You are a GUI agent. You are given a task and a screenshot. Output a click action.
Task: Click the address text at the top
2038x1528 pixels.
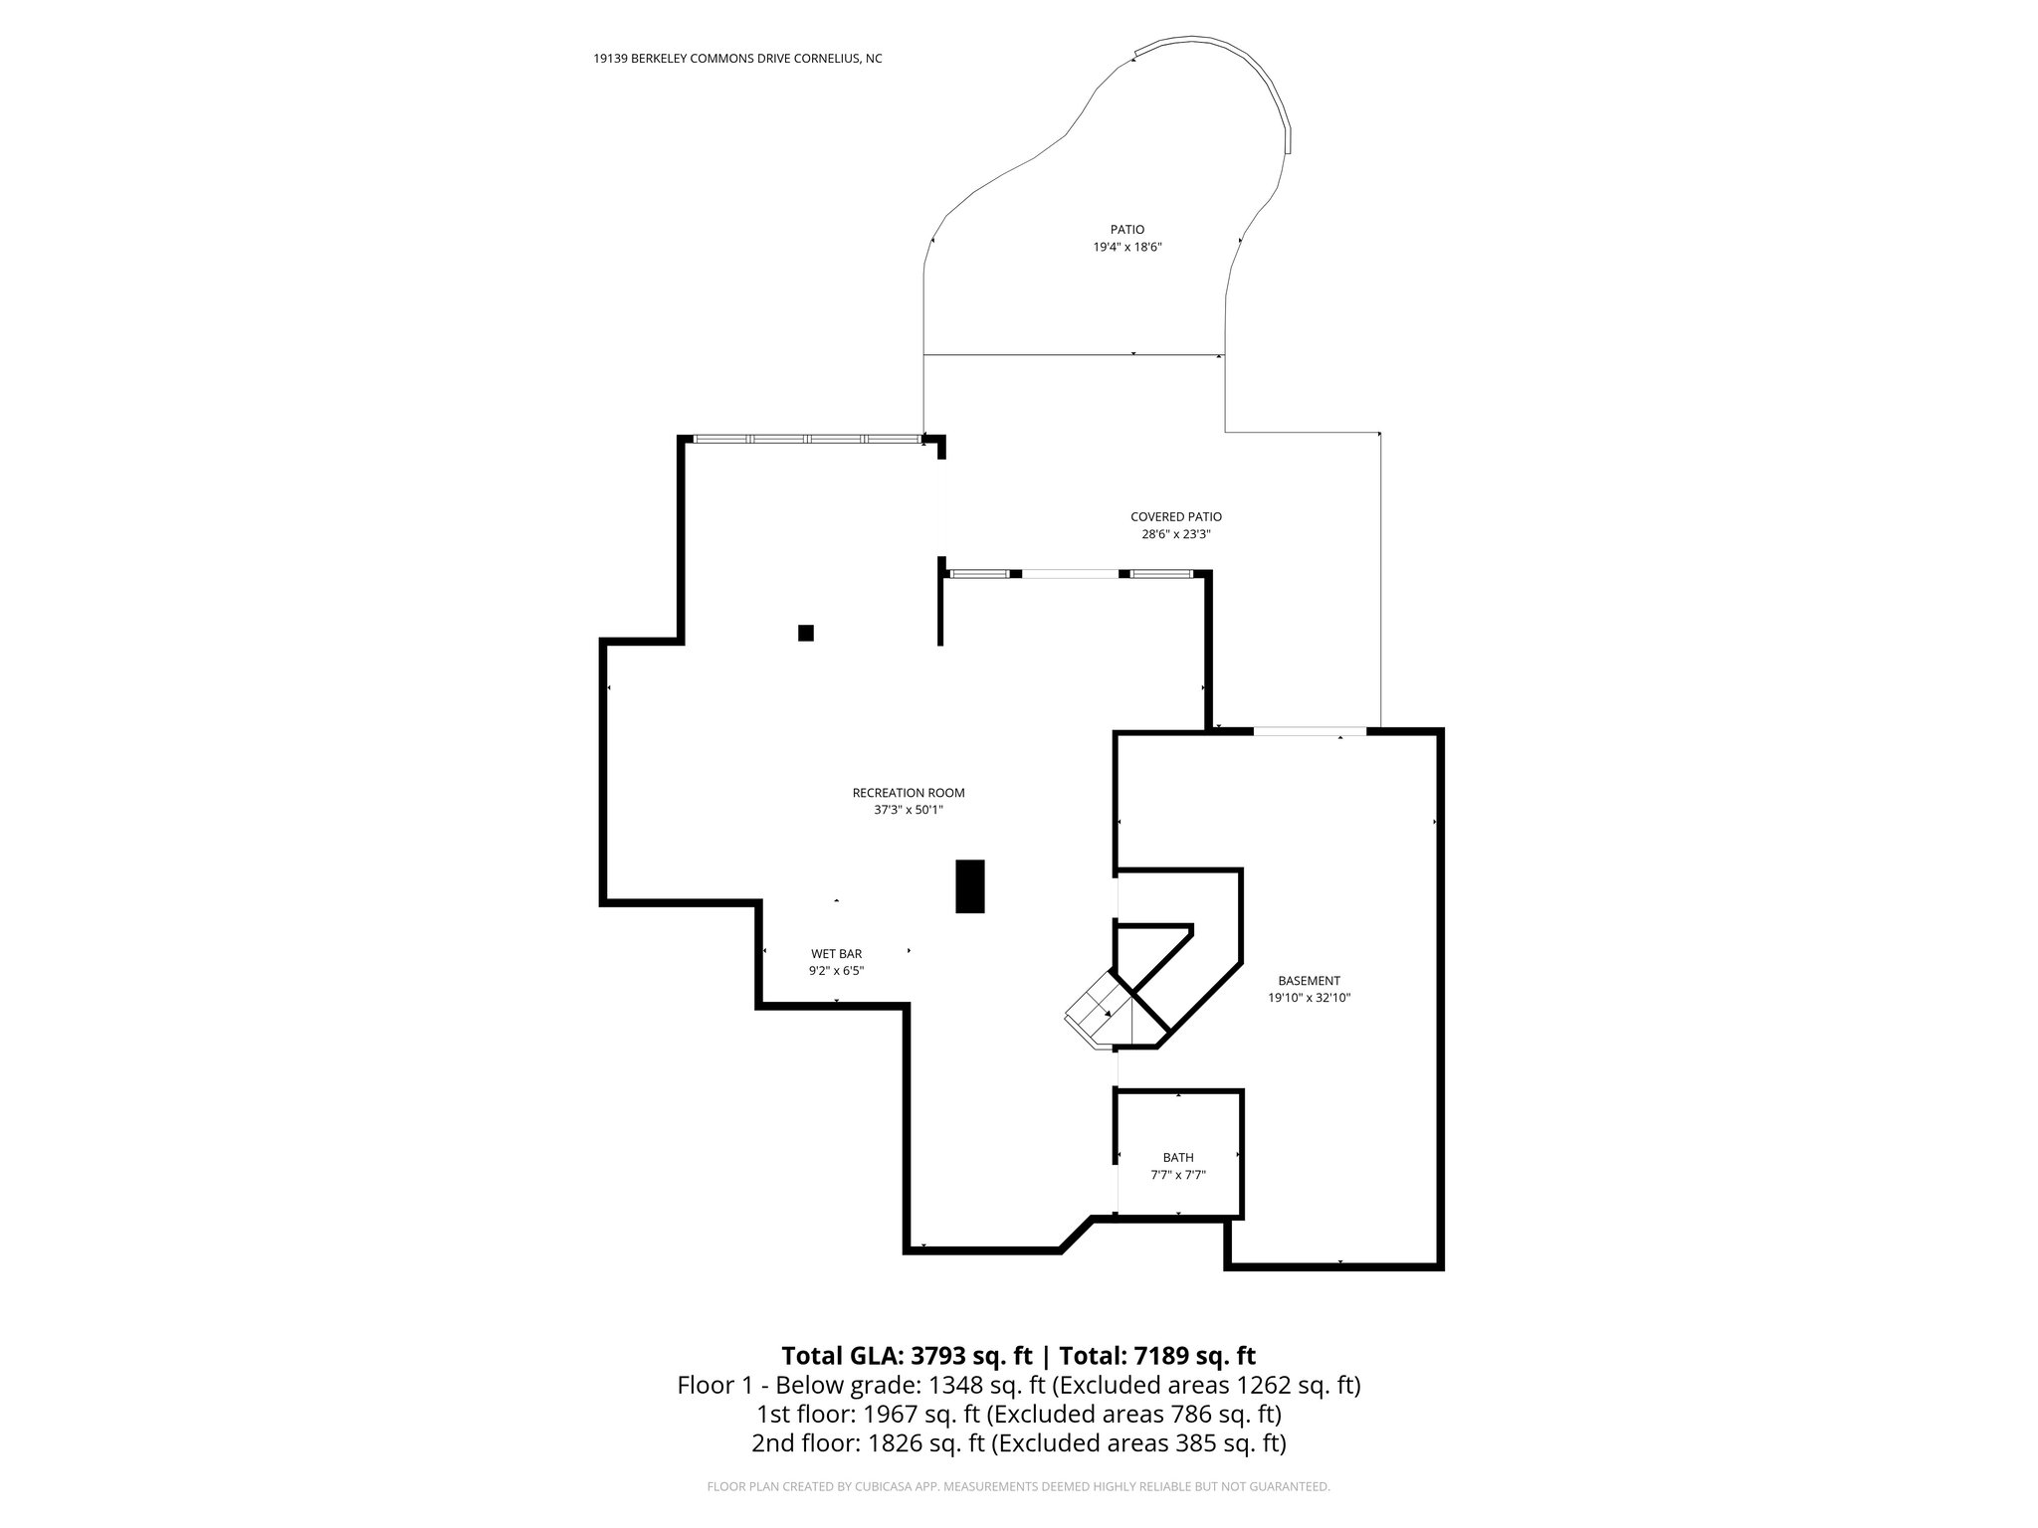tap(737, 59)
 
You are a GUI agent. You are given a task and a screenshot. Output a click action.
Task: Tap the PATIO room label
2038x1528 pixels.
tap(1127, 230)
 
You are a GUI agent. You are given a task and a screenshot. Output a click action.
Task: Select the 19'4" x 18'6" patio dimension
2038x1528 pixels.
tap(1127, 247)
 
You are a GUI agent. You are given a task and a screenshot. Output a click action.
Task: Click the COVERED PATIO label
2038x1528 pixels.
tap(1175, 517)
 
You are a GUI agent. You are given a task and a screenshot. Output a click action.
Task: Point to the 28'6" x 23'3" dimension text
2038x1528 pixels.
tap(1175, 534)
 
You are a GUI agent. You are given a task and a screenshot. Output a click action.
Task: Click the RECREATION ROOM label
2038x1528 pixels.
tap(908, 793)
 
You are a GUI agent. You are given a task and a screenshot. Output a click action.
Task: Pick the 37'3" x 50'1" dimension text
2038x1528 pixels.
tap(908, 810)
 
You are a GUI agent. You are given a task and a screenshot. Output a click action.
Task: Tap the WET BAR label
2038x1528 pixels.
tap(836, 954)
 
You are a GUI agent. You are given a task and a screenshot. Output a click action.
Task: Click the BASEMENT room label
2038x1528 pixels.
tap(1309, 980)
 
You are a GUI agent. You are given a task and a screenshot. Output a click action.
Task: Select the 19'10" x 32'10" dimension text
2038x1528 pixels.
tap(1309, 997)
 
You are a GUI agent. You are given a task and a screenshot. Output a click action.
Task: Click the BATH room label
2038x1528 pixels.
tap(1178, 1157)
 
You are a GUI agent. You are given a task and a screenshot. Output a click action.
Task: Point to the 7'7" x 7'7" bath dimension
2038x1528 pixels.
tap(1178, 1174)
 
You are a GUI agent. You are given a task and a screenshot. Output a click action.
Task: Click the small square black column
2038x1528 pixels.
tap(806, 633)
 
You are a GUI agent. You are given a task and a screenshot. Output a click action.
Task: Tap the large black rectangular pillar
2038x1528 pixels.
tap(970, 886)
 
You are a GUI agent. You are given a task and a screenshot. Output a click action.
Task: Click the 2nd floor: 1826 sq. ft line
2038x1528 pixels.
tap(1019, 1442)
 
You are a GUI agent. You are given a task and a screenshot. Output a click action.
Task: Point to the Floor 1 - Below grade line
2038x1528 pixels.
tap(1019, 1385)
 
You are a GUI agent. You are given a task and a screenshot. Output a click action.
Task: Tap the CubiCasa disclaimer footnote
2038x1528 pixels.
tap(1019, 1486)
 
